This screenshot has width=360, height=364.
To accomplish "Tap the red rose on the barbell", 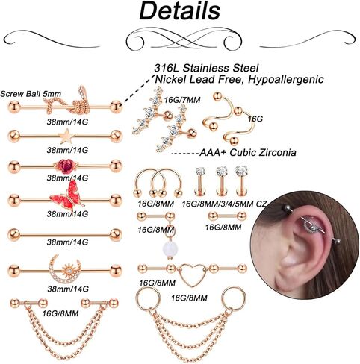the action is point(66,166).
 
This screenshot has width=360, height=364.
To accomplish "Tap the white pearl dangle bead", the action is point(170,248).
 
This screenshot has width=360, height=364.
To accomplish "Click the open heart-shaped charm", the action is point(192,274).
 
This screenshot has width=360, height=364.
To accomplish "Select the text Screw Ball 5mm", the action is point(31,94).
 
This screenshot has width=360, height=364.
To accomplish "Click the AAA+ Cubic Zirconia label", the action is point(248,152).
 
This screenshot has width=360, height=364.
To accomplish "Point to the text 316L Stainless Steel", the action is point(206,68).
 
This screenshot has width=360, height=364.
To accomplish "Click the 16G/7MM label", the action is point(182,100).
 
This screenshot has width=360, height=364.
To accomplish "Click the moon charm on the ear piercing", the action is point(310,226).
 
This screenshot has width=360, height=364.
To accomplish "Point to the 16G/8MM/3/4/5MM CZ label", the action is point(224,204).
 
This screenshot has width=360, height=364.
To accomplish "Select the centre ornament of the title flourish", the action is point(184,40).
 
